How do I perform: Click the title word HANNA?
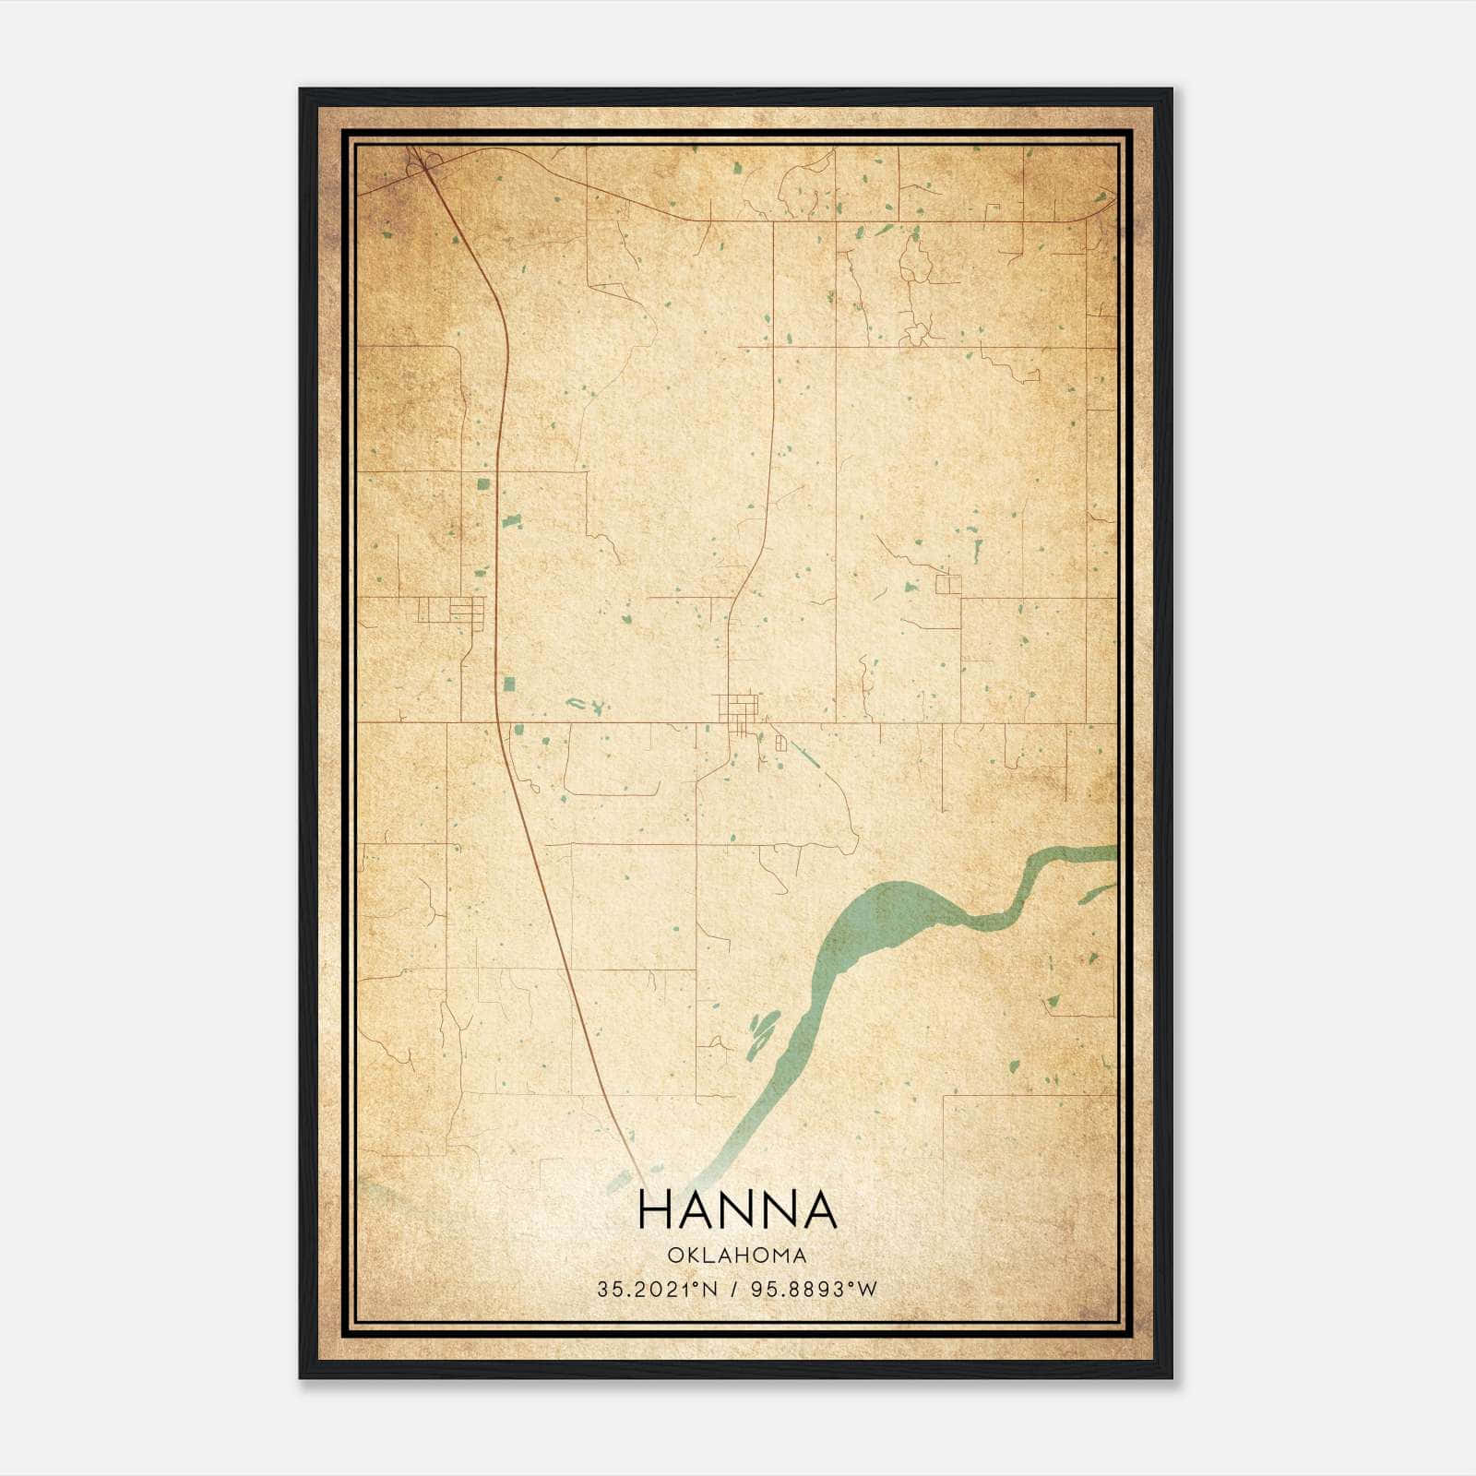point(736,1210)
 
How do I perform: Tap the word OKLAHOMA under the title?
point(736,1256)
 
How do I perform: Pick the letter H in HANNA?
point(653,1210)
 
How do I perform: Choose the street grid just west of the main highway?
point(452,610)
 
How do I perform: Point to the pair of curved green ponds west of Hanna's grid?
point(584,706)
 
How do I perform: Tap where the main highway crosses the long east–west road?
point(496,721)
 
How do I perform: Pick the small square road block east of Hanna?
point(947,584)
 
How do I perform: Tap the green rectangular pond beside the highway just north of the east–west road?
point(508,684)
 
